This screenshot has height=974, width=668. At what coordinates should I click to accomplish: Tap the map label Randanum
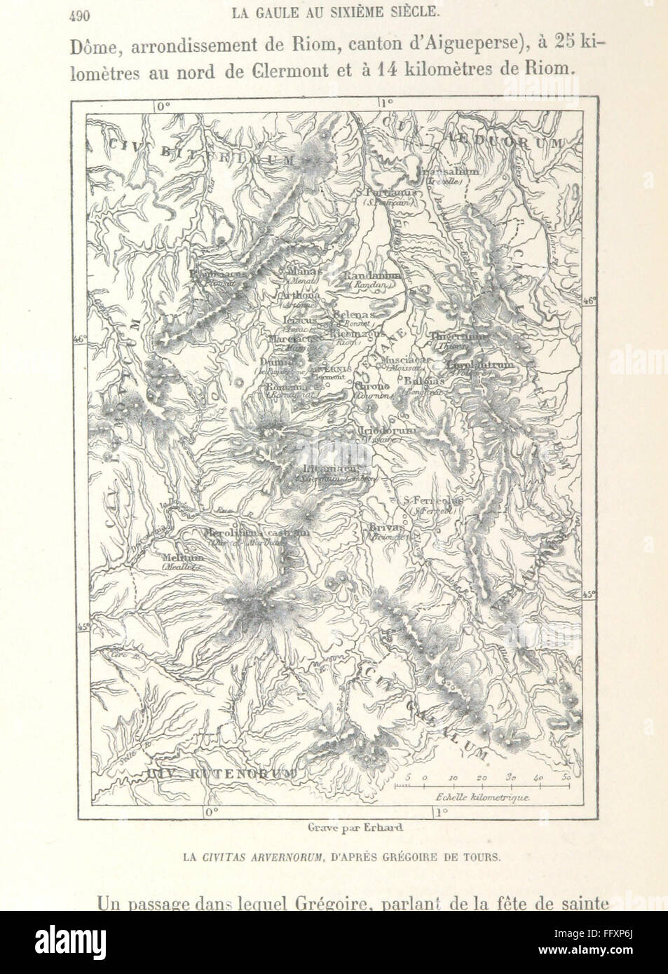click(371, 276)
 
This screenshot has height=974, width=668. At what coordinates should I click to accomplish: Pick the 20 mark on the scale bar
click(482, 778)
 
